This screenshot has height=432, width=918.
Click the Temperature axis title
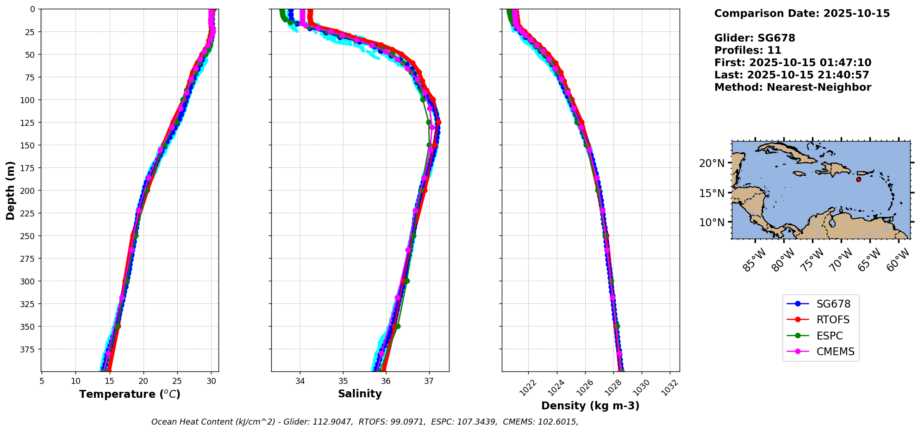[130, 394]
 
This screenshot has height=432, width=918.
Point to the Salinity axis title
[360, 394]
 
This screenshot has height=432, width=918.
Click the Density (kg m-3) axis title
[590, 406]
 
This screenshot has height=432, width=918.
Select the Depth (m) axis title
[11, 190]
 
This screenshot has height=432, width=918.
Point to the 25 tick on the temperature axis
[177, 381]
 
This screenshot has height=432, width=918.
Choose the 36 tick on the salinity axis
[386, 381]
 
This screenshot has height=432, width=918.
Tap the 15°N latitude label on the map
[712, 193]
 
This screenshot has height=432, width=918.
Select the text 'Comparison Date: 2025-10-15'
[802, 13]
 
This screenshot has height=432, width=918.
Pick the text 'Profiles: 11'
[748, 50]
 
